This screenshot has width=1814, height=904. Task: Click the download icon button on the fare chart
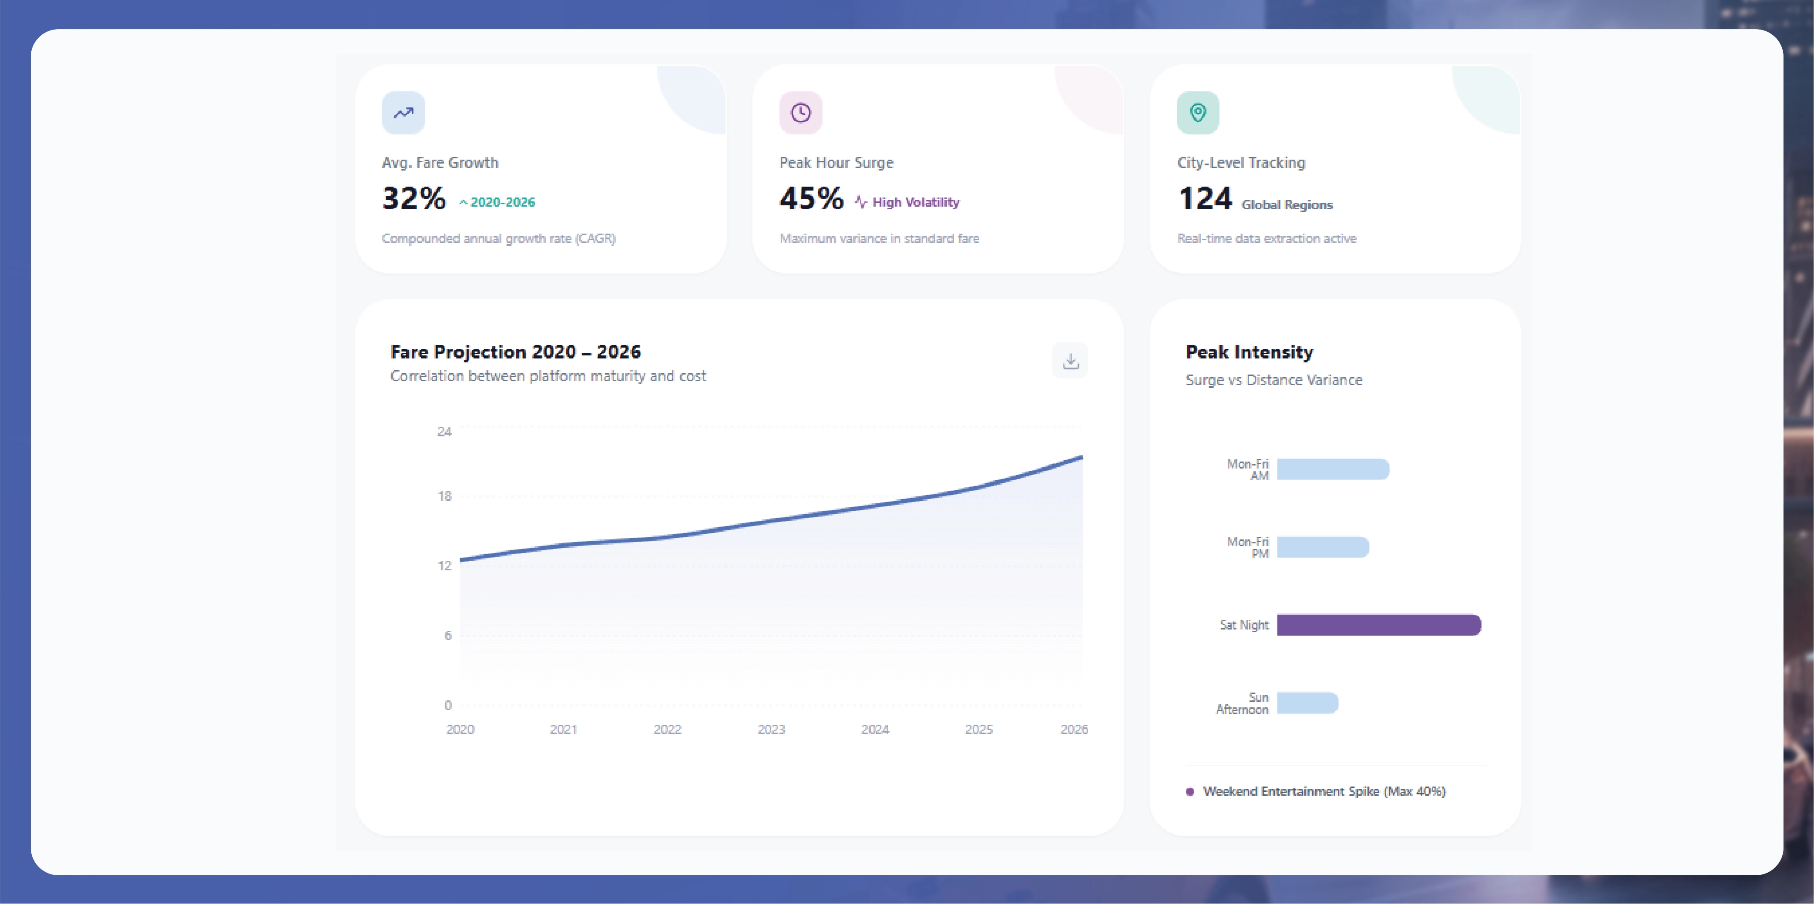(x=1070, y=361)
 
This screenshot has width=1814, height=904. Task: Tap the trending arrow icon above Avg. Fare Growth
(x=403, y=113)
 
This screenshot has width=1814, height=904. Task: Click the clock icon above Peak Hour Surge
(x=801, y=113)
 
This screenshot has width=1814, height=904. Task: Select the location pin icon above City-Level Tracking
(x=1198, y=113)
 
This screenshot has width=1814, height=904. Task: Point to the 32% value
(x=414, y=198)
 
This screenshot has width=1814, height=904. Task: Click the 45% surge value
(x=811, y=198)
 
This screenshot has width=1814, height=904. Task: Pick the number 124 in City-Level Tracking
(x=1205, y=198)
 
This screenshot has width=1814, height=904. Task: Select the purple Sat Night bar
(x=1379, y=625)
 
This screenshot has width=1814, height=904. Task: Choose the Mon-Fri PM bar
(x=1323, y=547)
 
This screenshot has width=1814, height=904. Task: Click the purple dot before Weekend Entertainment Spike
(x=1190, y=791)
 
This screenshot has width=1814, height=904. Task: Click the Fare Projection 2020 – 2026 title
(x=515, y=352)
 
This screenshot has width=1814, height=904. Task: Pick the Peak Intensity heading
(x=1249, y=352)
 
